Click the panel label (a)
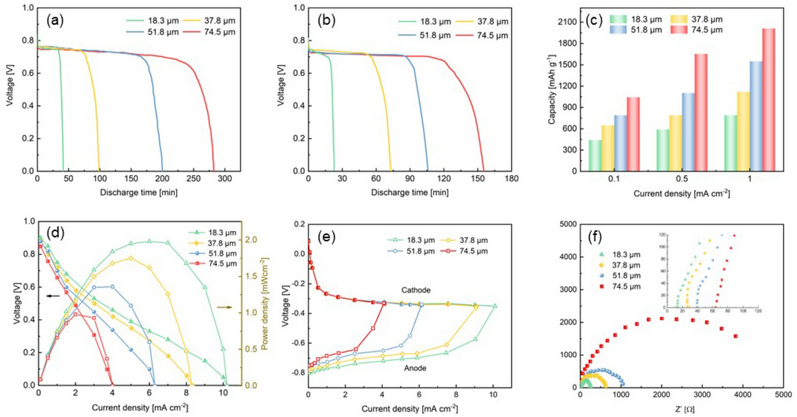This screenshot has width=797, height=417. [55, 20]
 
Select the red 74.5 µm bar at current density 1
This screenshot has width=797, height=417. [768, 99]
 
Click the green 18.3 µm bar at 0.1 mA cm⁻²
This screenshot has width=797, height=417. [595, 156]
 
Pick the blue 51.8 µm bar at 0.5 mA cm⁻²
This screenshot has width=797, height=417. [688, 132]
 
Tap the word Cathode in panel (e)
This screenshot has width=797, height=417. [415, 290]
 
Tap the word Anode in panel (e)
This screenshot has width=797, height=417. [415, 368]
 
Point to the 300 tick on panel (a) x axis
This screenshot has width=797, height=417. [225, 179]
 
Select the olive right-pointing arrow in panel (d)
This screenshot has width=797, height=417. [224, 307]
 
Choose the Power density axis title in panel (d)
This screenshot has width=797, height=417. [265, 304]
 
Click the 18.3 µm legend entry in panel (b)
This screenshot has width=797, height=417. [424, 21]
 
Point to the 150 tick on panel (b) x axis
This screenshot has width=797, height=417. [478, 179]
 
